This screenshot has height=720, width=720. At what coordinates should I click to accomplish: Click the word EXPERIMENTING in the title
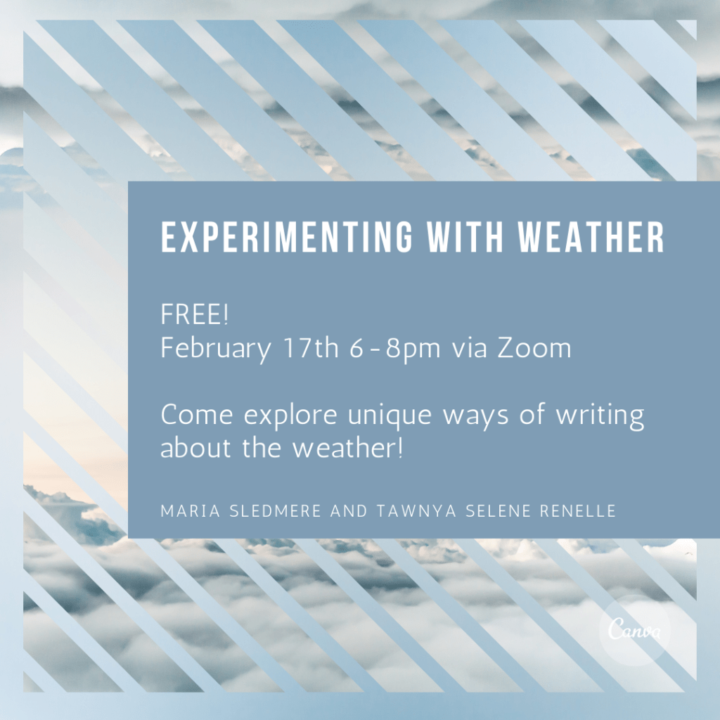287,237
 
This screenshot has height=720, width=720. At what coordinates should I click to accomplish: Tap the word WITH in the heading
465,237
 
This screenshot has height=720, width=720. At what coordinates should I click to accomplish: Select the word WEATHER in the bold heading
591,237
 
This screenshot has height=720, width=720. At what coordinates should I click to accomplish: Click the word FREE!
195,315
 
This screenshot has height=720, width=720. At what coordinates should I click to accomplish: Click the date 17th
311,347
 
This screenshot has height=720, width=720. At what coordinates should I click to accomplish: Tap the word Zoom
534,347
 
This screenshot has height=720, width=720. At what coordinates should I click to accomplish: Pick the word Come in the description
197,415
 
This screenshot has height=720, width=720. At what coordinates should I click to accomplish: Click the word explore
290,416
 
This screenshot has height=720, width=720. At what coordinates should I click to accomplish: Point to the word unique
390,416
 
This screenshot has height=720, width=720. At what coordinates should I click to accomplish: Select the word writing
600,416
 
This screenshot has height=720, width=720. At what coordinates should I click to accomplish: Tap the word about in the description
196,448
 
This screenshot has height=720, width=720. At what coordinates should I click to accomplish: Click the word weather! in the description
348,448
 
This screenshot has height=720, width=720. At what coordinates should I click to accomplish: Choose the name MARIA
191,511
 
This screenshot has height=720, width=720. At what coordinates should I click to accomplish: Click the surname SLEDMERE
275,511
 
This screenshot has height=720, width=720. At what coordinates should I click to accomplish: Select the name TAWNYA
416,511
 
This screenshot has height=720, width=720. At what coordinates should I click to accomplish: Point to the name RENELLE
578,511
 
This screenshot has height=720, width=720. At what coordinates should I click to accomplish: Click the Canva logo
635,629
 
